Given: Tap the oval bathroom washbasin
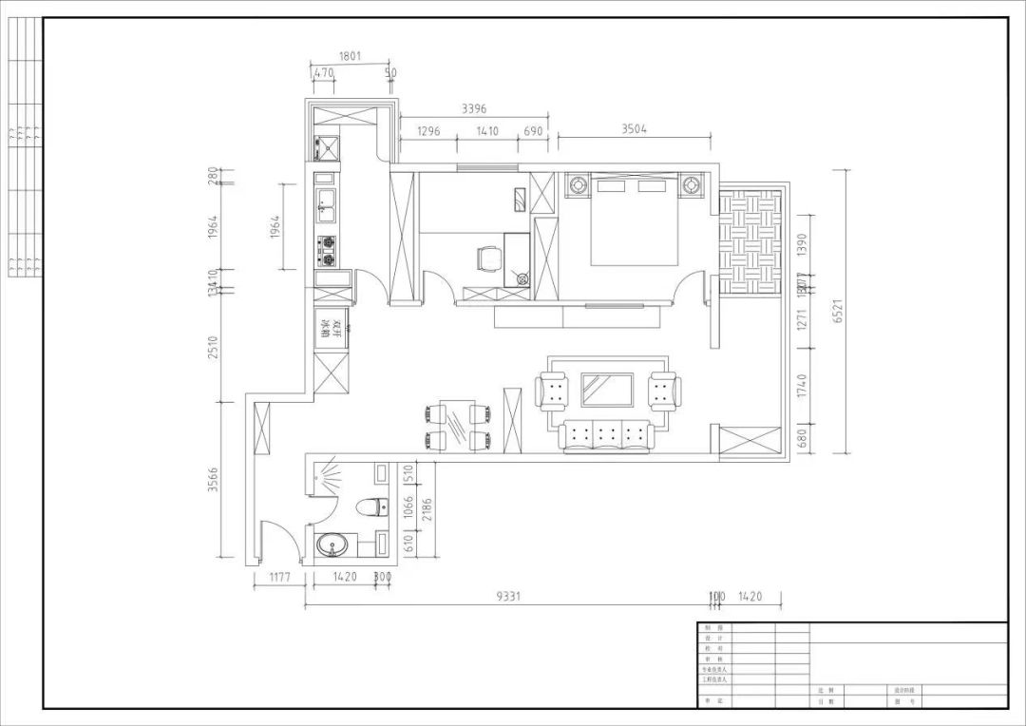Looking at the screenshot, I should [332, 546].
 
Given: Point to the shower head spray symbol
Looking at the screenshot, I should [329, 473].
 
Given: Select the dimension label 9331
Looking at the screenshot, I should [512, 597].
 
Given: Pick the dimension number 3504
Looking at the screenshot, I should [634, 129].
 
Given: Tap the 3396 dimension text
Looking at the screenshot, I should [475, 109].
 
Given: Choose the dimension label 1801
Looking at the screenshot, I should [350, 57].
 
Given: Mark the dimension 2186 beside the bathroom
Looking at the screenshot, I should [427, 513].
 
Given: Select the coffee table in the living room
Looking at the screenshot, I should [608, 390].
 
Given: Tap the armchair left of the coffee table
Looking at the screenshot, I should [553, 391].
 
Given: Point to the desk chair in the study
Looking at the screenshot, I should [488, 258].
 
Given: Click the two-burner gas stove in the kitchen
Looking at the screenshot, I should [327, 250].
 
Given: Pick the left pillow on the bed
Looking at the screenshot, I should [609, 186].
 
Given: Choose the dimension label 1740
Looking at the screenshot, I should [802, 385].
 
